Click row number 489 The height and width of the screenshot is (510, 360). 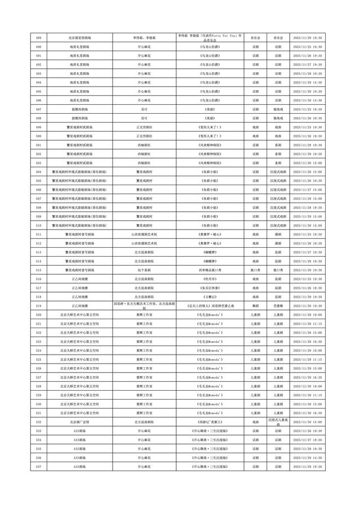click(x=38, y=37)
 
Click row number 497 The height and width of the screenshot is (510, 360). click(x=38, y=109)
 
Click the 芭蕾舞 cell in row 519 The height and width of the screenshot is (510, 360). click(x=277, y=306)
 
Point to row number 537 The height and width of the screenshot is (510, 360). click(x=38, y=467)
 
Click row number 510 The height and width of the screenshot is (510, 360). click(x=38, y=225)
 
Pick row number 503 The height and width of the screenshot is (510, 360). click(x=38, y=163)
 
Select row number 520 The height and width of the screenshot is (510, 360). click(x=38, y=315)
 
